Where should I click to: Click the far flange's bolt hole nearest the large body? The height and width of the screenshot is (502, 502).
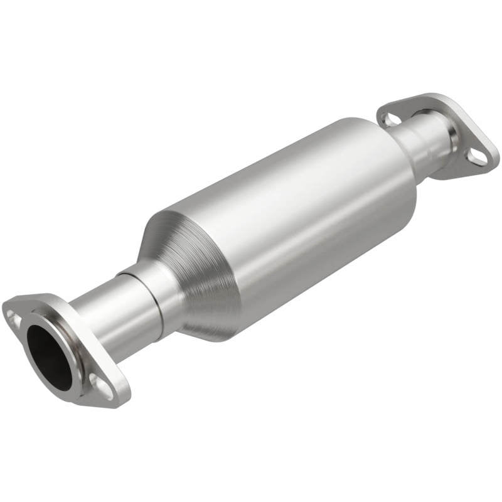pyautogui.click(x=390, y=118)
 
